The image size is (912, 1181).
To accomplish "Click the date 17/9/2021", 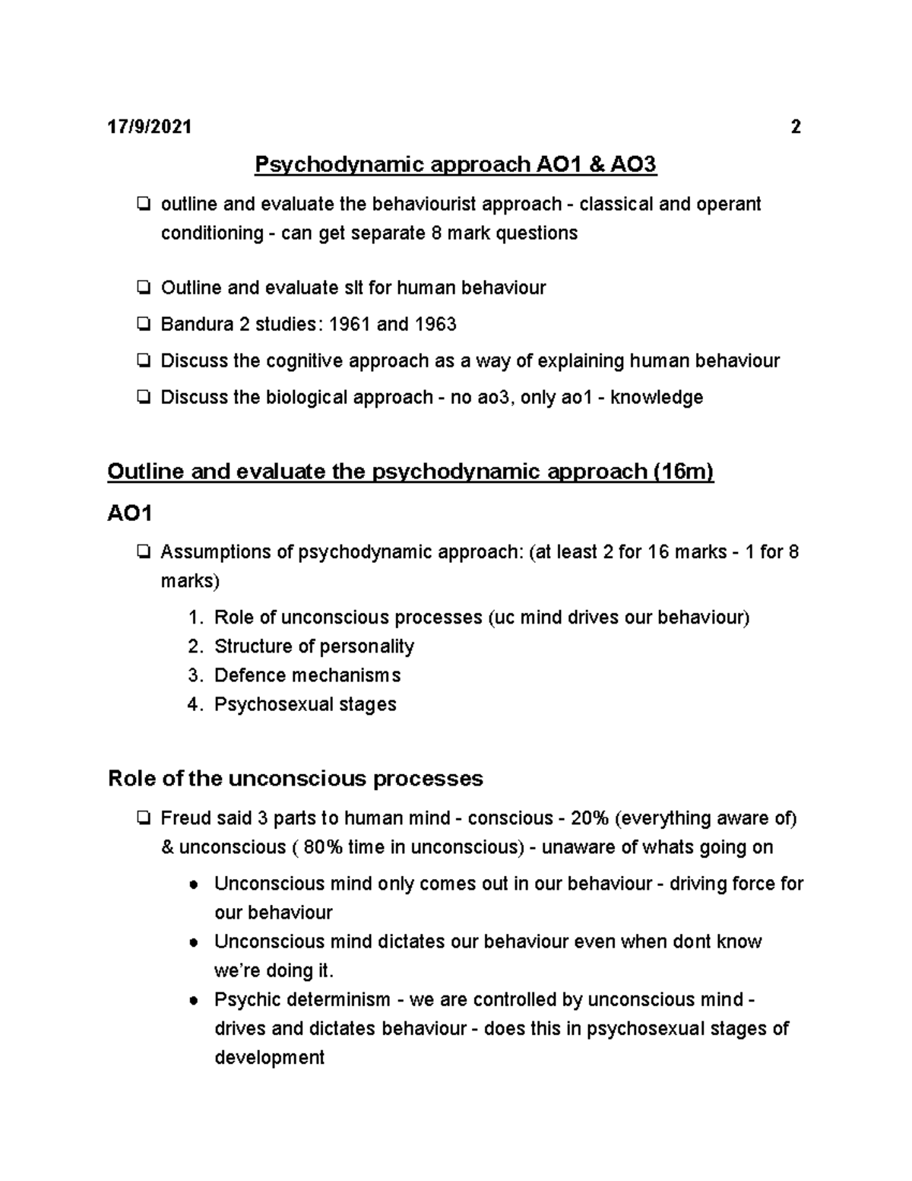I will [149, 127].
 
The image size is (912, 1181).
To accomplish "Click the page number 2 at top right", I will [796, 127].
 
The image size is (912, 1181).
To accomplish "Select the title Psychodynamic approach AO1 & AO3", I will [455, 164].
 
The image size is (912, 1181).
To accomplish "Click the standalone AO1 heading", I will [130, 514].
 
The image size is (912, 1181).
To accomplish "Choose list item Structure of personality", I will [314, 646].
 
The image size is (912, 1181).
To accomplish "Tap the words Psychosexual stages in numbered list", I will [306, 704].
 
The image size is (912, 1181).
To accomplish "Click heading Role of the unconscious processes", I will [296, 779].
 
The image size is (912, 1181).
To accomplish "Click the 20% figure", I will [590, 818].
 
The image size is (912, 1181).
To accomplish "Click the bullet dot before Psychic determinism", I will [195, 1001].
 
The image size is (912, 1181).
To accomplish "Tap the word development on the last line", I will [270, 1058].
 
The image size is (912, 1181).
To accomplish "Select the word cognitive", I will [304, 361].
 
